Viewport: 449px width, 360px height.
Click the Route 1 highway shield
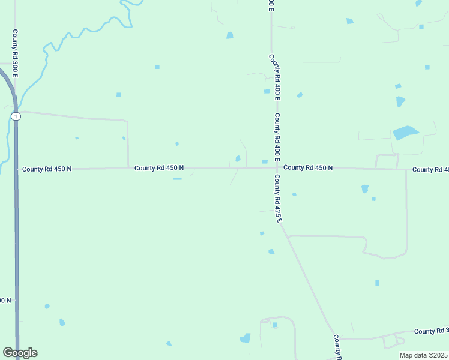point(16,116)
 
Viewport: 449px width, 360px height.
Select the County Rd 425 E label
point(278,199)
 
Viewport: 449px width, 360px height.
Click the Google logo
point(20,353)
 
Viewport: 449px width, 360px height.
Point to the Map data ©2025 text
point(424,355)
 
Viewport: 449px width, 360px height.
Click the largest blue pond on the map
point(405,132)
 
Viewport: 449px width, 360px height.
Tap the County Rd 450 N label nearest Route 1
point(47,169)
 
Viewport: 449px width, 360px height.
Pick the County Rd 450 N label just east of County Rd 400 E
point(308,168)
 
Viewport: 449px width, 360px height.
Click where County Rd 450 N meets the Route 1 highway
point(16,169)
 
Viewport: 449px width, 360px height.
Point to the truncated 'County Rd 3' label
point(431,331)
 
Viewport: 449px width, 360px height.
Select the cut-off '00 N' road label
point(5,300)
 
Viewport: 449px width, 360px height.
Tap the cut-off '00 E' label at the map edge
point(271,5)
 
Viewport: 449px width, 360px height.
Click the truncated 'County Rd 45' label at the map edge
point(430,170)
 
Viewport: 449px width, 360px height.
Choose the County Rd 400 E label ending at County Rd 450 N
point(277,137)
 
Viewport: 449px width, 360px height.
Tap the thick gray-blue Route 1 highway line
point(17,240)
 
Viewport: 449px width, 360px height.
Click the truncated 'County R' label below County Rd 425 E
point(337,347)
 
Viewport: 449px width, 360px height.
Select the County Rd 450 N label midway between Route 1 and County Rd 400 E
point(159,168)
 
